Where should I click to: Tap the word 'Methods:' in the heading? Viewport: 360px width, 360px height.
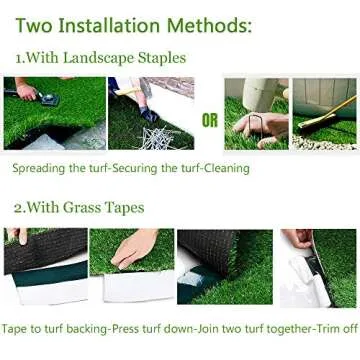246,22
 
